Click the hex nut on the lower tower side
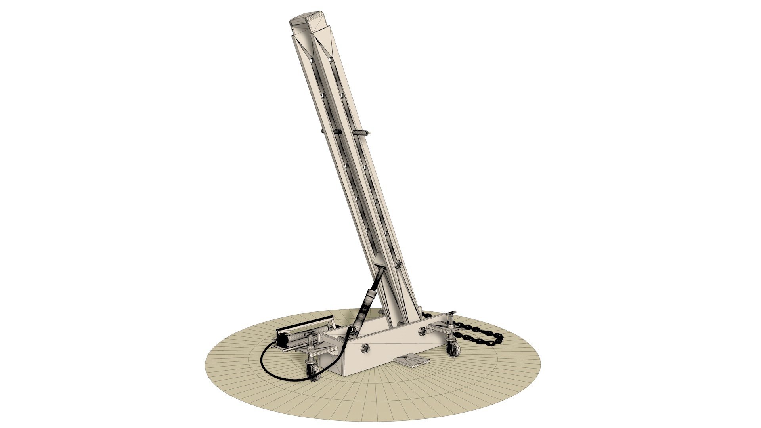398,263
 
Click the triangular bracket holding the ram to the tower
378,262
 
